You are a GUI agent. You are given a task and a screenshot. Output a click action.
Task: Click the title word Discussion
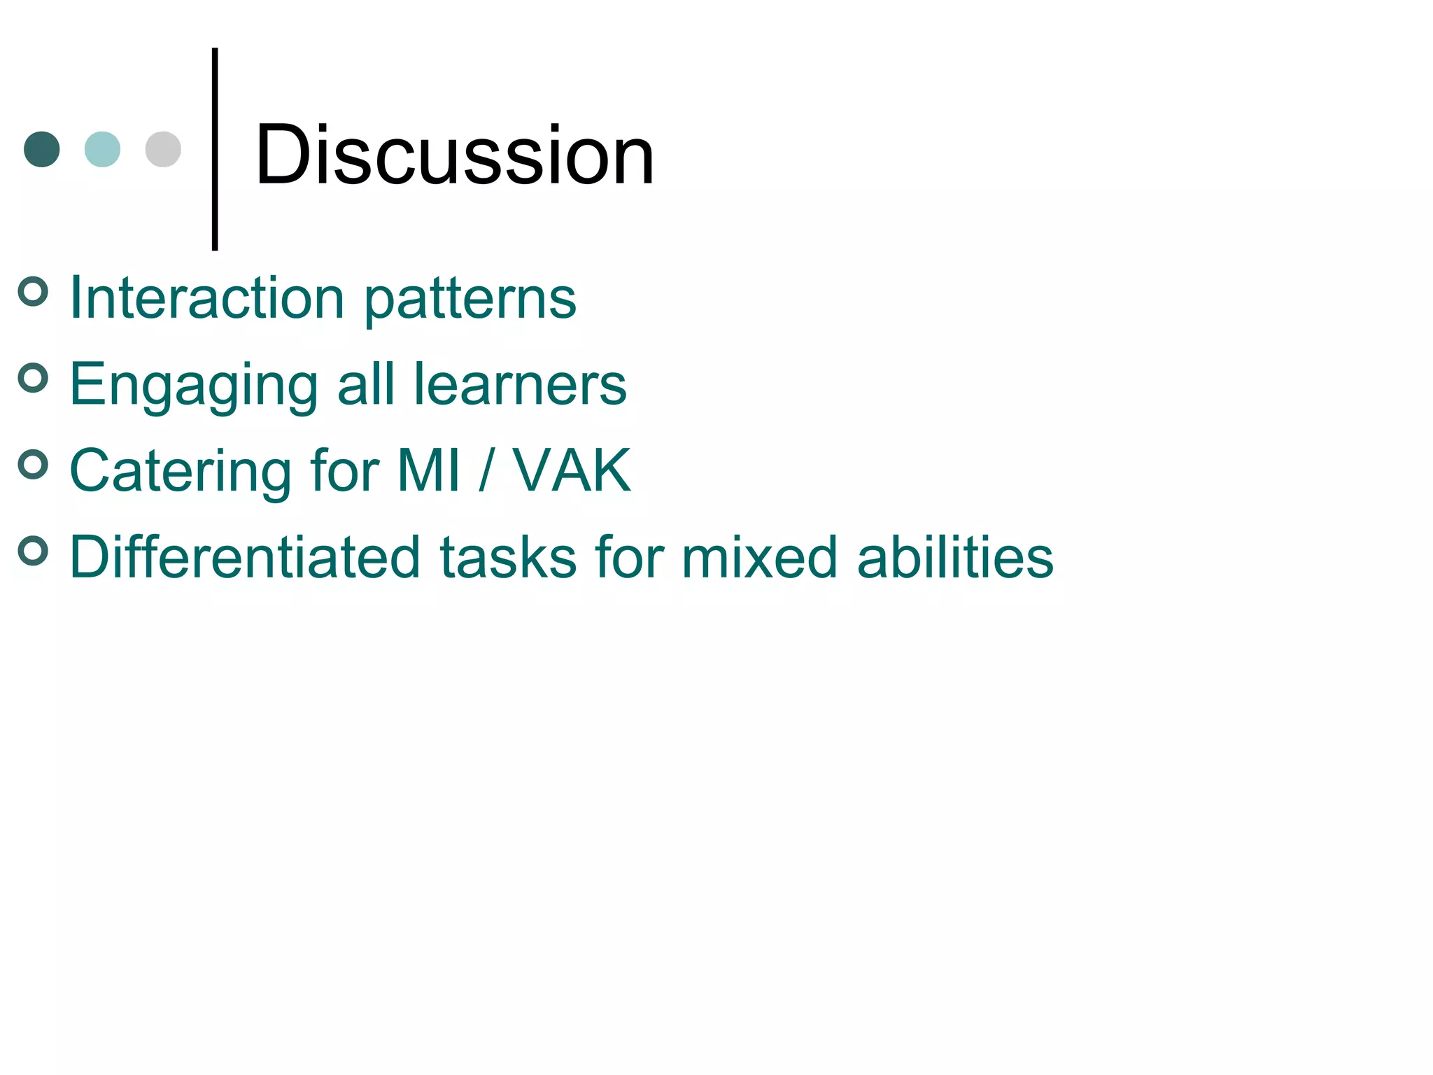(455, 155)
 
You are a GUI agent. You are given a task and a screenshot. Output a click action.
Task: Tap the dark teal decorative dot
(42, 149)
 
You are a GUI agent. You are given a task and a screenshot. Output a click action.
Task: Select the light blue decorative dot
(102, 149)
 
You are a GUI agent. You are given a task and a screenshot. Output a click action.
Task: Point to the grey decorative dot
(163, 149)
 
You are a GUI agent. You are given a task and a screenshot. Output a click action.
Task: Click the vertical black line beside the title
(215, 148)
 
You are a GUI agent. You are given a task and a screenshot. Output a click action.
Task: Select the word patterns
(470, 301)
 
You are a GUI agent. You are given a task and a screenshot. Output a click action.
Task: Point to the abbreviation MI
(429, 470)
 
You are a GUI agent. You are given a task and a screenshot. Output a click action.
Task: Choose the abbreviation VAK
(572, 470)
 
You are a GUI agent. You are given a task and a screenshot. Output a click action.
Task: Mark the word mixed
(760, 557)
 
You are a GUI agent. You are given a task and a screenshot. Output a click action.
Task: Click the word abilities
(955, 557)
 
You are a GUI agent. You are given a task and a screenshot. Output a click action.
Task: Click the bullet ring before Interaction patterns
(33, 291)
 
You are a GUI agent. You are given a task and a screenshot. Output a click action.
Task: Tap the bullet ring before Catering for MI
(33, 464)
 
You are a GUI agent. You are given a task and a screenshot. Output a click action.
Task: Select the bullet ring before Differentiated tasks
(33, 551)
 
